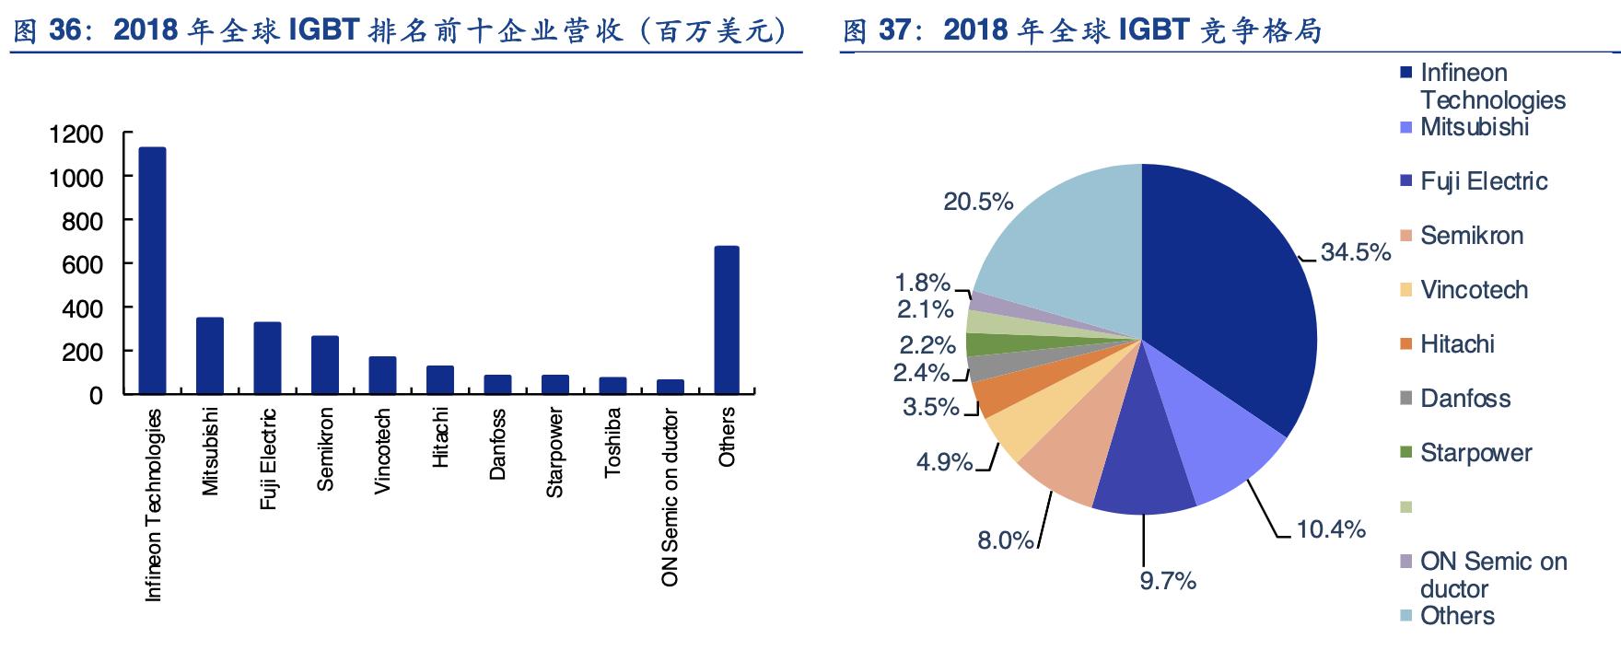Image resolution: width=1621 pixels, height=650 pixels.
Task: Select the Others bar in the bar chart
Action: [727, 319]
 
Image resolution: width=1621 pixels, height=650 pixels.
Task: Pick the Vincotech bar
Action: [382, 375]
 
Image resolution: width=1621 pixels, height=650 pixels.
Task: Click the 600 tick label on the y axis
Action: [82, 265]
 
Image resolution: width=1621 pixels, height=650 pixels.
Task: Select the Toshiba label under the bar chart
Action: [612, 443]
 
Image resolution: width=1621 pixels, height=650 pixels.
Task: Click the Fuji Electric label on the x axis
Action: [268, 459]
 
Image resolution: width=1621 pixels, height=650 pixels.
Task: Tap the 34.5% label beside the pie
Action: [1355, 252]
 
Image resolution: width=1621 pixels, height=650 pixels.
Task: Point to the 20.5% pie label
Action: [978, 202]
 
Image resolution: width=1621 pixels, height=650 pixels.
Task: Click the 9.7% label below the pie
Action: [1168, 581]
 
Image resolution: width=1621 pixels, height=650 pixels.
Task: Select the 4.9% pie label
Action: [944, 461]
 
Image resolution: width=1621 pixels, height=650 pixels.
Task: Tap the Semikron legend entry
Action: [1471, 236]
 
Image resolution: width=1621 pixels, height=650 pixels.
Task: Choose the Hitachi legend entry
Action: [1457, 344]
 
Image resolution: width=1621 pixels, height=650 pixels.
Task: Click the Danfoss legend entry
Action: [1464, 399]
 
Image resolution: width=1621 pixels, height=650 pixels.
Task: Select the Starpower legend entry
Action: [1475, 453]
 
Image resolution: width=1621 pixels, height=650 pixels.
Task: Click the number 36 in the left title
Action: [66, 30]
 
